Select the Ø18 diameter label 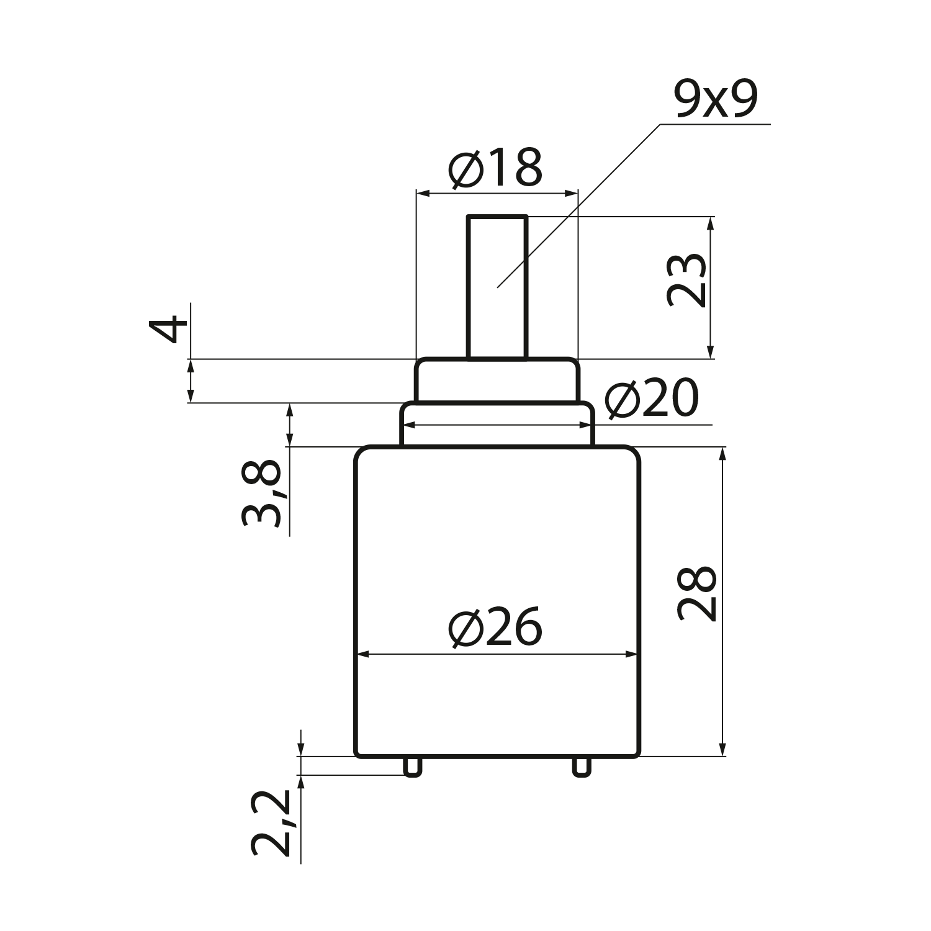click(496, 168)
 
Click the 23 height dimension click(686, 281)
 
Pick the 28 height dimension click(697, 593)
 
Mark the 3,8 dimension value click(261, 493)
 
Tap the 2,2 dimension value click(272, 824)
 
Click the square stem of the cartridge click(497, 287)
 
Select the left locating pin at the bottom click(412, 766)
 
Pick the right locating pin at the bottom click(582, 766)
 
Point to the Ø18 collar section click(497, 380)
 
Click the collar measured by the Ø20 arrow click(497, 425)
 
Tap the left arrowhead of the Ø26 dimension click(362, 654)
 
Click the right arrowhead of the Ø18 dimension click(570, 194)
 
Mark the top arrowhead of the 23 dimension click(711, 224)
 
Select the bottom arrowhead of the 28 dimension click(722, 749)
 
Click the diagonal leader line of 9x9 click(578, 206)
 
